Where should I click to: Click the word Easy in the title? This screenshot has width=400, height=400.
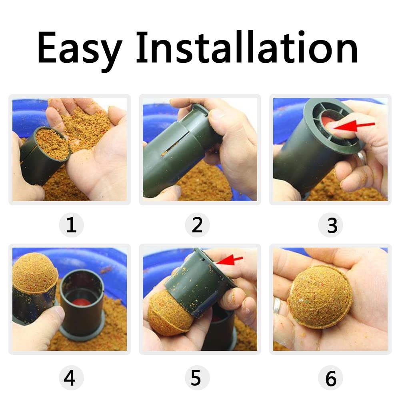point(80,50)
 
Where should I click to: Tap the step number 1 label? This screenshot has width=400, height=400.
point(71,225)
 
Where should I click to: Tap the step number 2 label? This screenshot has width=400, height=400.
point(197,225)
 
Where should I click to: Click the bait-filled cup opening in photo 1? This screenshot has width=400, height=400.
point(52,143)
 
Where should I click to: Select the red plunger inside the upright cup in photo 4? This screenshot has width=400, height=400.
point(81,302)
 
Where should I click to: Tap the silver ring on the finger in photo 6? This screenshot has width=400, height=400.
point(276,306)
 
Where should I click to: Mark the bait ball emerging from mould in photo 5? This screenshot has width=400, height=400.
point(170,313)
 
